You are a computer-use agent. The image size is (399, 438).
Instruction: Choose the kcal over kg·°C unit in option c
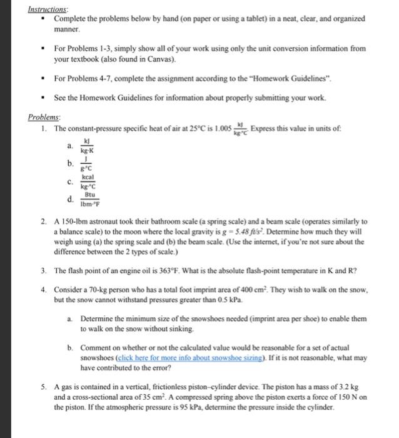pos(87,181)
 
